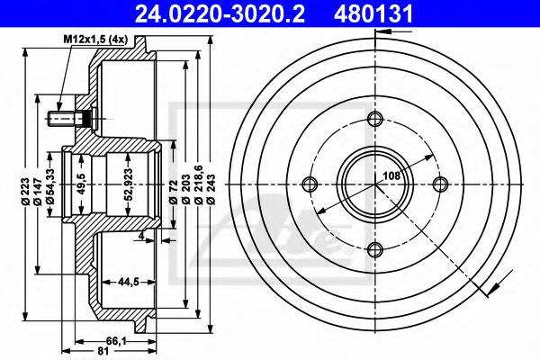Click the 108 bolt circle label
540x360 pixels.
click(392, 176)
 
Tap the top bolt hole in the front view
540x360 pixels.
click(375, 119)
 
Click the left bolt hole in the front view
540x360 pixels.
click(310, 184)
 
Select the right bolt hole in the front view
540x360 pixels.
click(440, 184)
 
